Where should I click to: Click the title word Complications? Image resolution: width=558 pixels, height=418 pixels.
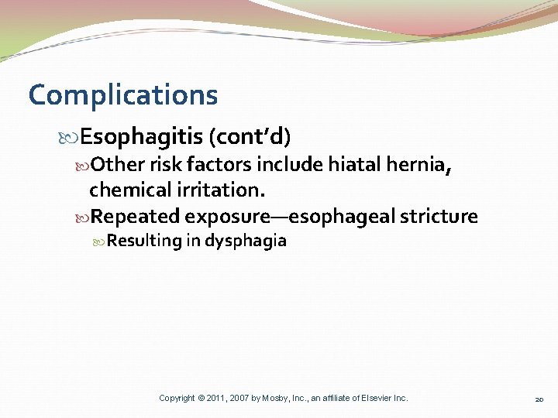[123, 95]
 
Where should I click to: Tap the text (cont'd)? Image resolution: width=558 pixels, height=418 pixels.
[250, 138]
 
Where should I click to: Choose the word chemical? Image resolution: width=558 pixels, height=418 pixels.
[129, 190]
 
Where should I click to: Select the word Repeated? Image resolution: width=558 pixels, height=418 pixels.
[136, 216]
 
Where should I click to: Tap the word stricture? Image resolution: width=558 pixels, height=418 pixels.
[439, 216]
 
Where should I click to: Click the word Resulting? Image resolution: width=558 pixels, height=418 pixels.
[143, 241]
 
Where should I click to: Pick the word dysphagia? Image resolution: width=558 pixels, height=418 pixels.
[246, 241]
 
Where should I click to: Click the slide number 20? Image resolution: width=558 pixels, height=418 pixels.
[540, 399]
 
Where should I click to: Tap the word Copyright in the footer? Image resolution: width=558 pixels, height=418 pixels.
[177, 398]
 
